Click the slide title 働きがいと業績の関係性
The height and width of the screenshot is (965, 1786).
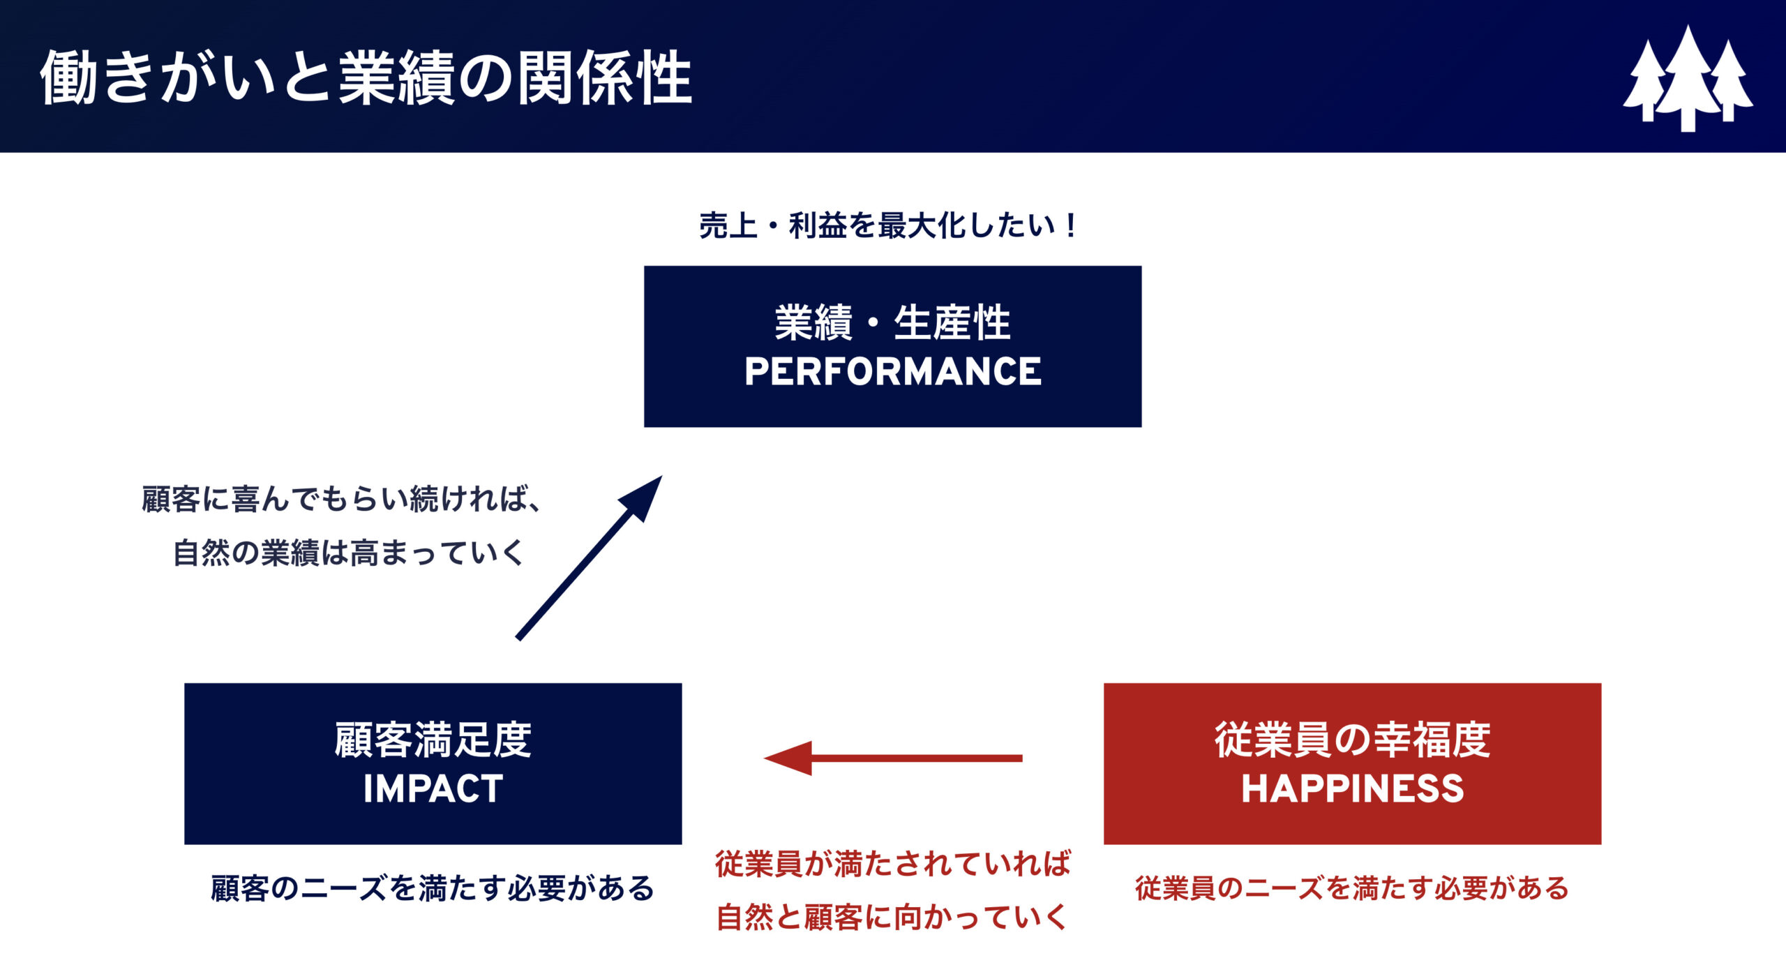[366, 77]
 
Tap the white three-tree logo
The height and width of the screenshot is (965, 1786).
[1688, 78]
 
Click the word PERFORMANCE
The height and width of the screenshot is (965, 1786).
[893, 371]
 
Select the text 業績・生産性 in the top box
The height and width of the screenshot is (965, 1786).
[893, 322]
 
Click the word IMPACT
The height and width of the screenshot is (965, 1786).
[433, 789]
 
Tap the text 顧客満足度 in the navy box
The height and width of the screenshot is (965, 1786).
[433, 740]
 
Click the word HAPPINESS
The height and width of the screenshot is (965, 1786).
[1352, 789]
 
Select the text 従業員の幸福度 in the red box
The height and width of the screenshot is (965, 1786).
[1352, 740]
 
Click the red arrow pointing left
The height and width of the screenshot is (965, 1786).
[893, 758]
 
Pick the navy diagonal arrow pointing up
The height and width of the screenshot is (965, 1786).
[590, 558]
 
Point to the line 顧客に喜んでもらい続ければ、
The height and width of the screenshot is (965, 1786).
[342, 499]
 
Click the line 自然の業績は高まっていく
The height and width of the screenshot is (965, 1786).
[348, 553]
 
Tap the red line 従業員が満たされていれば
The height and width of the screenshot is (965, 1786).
[893, 864]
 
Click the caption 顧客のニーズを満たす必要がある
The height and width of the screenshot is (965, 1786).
[433, 888]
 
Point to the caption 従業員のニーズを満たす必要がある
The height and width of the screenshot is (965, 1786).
[1351, 888]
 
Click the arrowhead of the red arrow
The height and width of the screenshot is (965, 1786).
[788, 758]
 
